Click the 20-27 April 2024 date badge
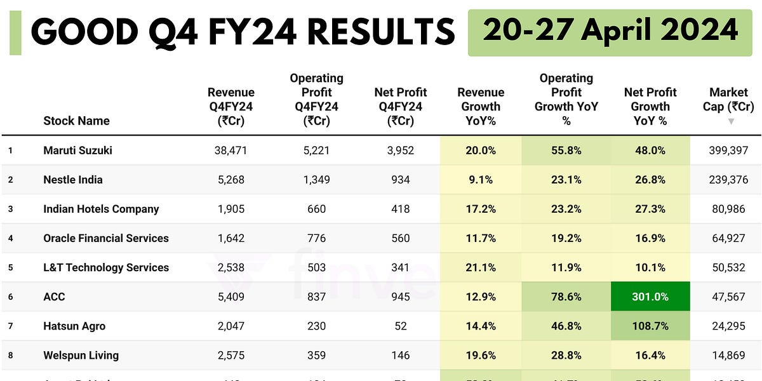[610, 32]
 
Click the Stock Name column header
[76, 121]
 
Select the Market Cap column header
[732, 99]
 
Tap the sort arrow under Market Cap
[731, 121]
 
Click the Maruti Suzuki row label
[77, 150]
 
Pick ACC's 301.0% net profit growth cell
[650, 297]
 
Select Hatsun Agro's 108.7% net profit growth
[650, 326]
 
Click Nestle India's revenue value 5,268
[231, 180]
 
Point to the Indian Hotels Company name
[101, 209]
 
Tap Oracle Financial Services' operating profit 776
[316, 238]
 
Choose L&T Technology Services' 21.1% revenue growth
[481, 267]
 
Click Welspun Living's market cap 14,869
[728, 355]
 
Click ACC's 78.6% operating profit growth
[566, 297]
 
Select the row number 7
[11, 326]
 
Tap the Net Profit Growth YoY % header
[650, 106]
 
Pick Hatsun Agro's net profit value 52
[401, 326]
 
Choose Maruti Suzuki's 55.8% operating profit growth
[566, 150]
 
